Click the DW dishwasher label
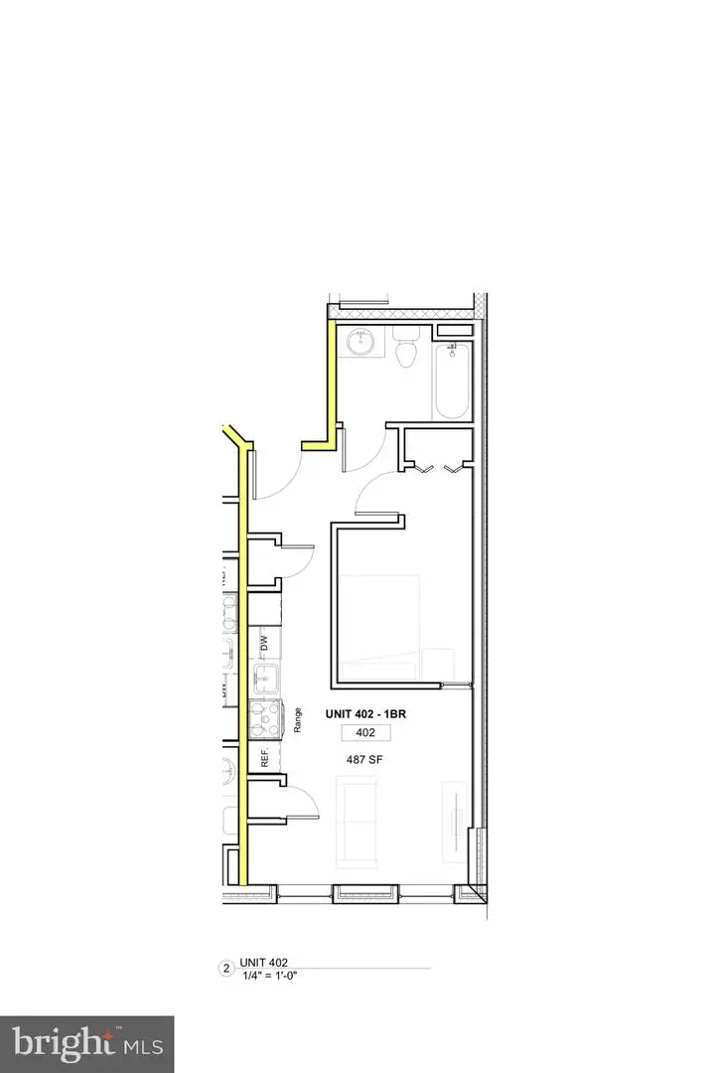[x=265, y=644]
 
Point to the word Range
[x=297, y=719]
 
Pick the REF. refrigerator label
[x=265, y=759]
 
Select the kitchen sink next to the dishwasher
[x=265, y=681]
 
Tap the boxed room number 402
[x=365, y=733]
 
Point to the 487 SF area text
[x=365, y=756]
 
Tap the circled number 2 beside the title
[x=225, y=968]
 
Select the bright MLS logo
[x=87, y=1043]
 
